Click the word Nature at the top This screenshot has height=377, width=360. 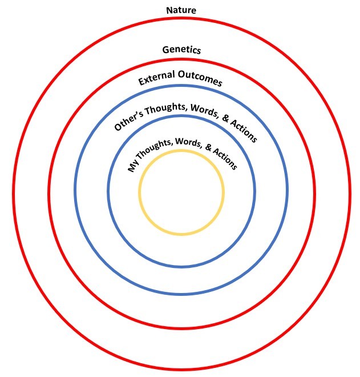point(181,10)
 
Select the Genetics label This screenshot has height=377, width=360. point(181,50)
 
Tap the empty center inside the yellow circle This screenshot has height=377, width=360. point(181,192)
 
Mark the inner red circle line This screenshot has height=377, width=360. point(48,192)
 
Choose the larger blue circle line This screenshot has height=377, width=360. point(75,192)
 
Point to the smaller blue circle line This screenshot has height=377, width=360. point(108,192)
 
